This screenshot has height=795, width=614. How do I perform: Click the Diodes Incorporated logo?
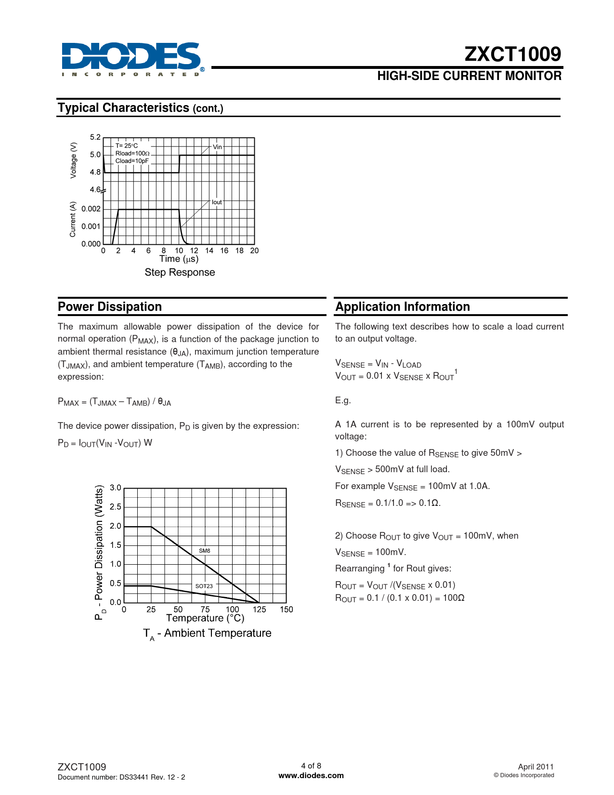pyautogui.click(x=131, y=59)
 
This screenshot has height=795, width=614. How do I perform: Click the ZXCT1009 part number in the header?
pyautogui.click(x=512, y=54)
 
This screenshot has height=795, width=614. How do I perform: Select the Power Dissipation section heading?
pyautogui.click(x=110, y=307)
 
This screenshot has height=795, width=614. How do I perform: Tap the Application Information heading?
pyautogui.click(x=403, y=307)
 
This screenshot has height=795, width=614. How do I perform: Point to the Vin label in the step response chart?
pyautogui.click(x=217, y=147)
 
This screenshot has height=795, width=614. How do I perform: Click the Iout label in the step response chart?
pyautogui.click(x=217, y=202)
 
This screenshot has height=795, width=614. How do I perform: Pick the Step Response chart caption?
pyautogui.click(x=180, y=272)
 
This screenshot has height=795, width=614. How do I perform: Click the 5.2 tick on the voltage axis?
pyautogui.click(x=95, y=137)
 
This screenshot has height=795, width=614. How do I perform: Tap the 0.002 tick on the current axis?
pyautogui.click(x=91, y=209)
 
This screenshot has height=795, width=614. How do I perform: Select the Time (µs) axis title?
pyautogui.click(x=179, y=259)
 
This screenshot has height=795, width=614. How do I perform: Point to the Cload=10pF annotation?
pyautogui.click(x=132, y=161)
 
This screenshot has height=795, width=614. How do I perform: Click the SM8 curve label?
pyautogui.click(x=205, y=551)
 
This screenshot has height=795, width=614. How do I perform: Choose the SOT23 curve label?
pyautogui.click(x=204, y=586)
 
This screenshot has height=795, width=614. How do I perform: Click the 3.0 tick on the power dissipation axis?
pyautogui.click(x=116, y=488)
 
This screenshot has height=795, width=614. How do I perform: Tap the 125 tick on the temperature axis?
pyautogui.click(x=259, y=609)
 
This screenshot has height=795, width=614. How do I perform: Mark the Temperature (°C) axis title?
pyautogui.click(x=205, y=618)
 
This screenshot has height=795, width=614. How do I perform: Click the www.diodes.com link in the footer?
pyautogui.click(x=311, y=776)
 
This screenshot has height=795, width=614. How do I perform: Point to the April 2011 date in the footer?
pyautogui.click(x=536, y=767)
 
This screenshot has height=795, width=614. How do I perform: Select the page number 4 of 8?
pyautogui.click(x=311, y=766)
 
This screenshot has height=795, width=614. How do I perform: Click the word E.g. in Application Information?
pyautogui.click(x=343, y=400)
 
